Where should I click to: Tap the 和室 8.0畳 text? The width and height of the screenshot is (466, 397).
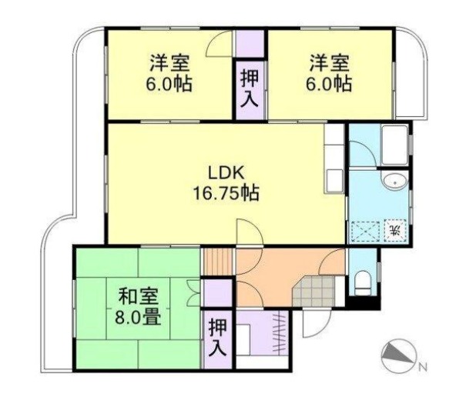(139, 305)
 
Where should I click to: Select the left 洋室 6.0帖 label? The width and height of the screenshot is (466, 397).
(171, 72)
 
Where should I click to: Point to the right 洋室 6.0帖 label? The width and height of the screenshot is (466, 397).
(330, 72)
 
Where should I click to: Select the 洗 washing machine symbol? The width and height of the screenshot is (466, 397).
(393, 230)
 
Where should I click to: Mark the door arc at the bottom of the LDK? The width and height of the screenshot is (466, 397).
(250, 233)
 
